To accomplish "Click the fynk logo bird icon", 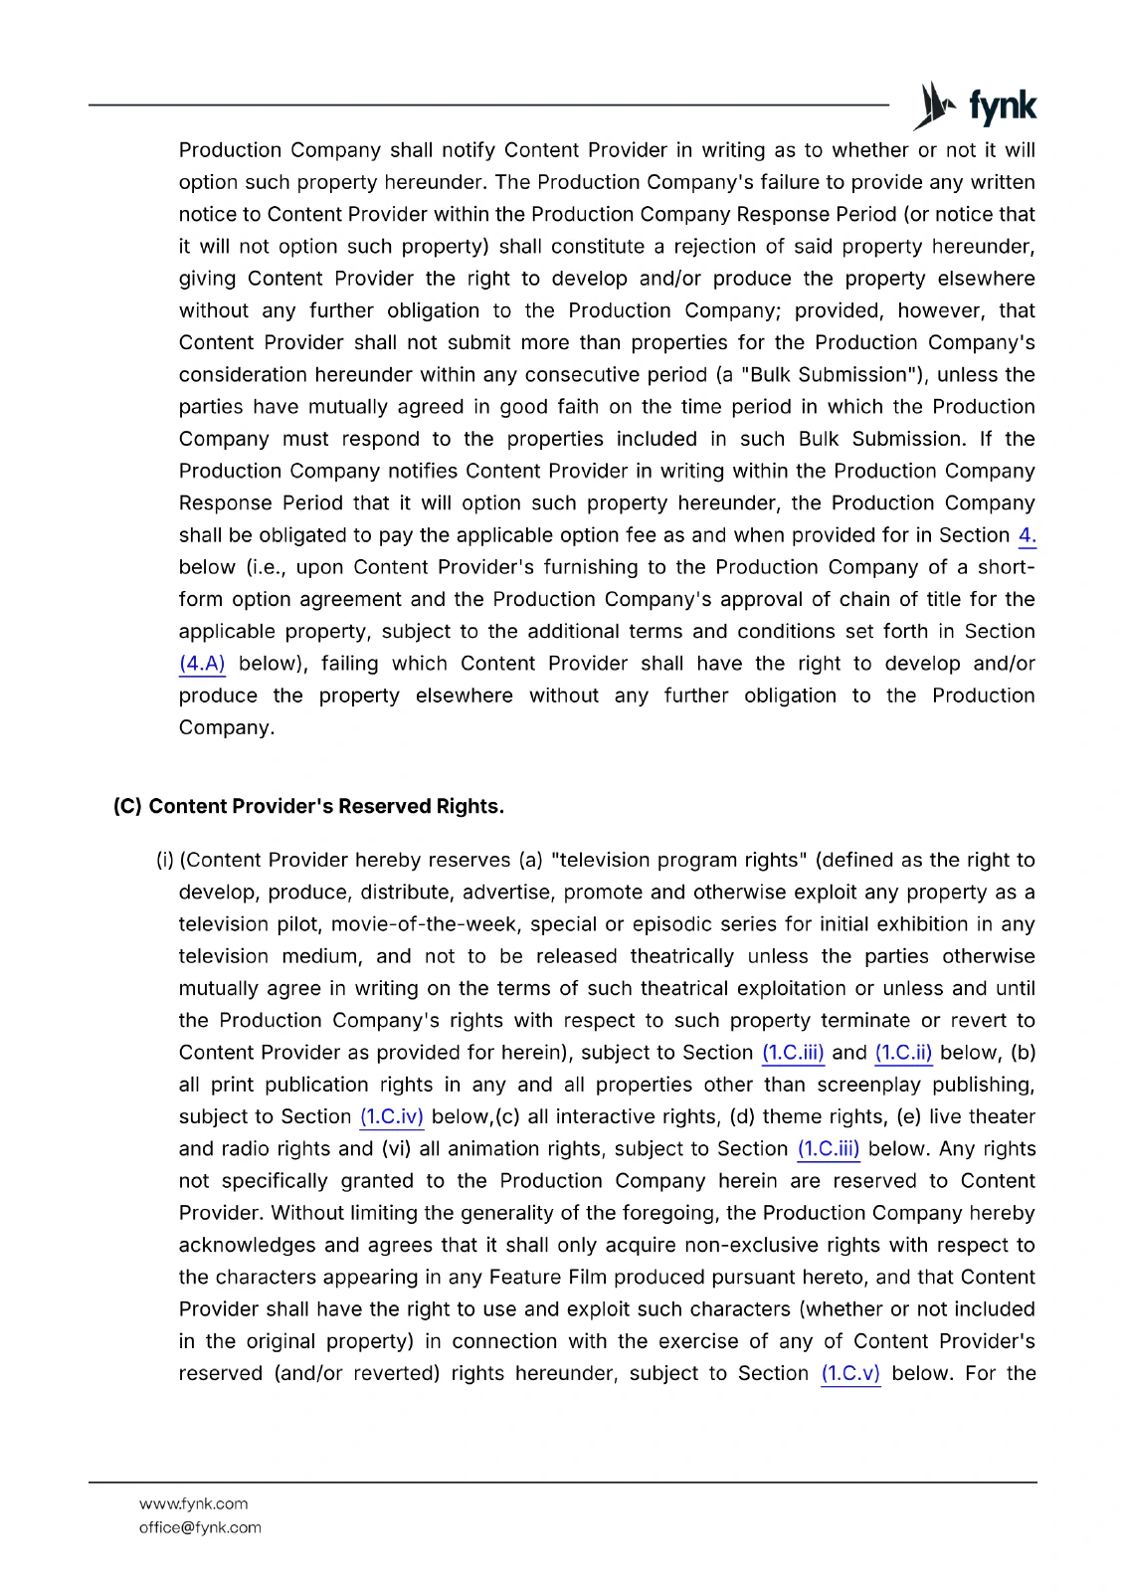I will [935, 105].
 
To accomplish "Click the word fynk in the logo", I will [1002, 105].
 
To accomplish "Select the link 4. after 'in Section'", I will [1027, 535].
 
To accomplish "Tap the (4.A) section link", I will [202, 664].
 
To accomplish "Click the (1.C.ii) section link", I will [903, 1053].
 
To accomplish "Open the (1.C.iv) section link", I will [392, 1116].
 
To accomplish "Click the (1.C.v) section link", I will [850, 1373].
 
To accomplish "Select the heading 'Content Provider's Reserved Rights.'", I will [326, 806].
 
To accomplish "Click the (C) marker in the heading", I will [127, 806].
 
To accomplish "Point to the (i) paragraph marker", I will [164, 860].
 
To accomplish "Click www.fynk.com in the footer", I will [194, 1503].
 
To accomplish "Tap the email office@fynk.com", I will [200, 1527].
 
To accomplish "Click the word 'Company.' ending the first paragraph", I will [227, 727].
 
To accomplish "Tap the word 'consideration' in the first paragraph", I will [243, 375].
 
